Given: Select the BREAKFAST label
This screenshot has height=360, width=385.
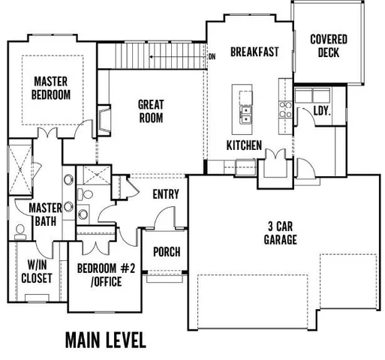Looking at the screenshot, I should click(x=254, y=52).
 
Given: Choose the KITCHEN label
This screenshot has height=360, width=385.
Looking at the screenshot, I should click(x=244, y=145).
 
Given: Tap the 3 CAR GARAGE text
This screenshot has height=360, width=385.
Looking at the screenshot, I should click(x=280, y=233).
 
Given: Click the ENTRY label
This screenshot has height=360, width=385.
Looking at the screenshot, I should click(x=165, y=194).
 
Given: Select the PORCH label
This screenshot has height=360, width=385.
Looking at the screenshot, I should click(x=166, y=251).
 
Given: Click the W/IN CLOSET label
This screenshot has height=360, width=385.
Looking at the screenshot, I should click(x=35, y=271).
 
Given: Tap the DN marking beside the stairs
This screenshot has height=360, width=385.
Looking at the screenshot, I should click(x=212, y=56).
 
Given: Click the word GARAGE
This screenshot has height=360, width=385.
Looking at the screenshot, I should click(x=280, y=240).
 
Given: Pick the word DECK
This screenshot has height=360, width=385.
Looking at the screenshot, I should click(x=328, y=52).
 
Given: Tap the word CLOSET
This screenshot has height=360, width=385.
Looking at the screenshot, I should click(x=35, y=278).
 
